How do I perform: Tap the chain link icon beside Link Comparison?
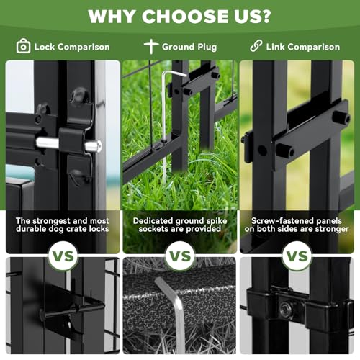(256, 46)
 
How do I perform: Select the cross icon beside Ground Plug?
(151, 46)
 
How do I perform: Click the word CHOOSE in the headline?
(184, 17)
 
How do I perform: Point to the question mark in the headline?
(264, 17)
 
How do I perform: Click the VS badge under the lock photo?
(63, 256)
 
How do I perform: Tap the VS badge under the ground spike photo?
(180, 256)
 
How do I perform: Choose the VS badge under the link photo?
(297, 256)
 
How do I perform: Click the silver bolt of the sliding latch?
(68, 143)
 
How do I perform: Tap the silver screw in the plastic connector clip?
(285, 307)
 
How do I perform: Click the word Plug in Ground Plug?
(207, 48)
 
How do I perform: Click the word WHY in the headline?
(112, 17)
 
